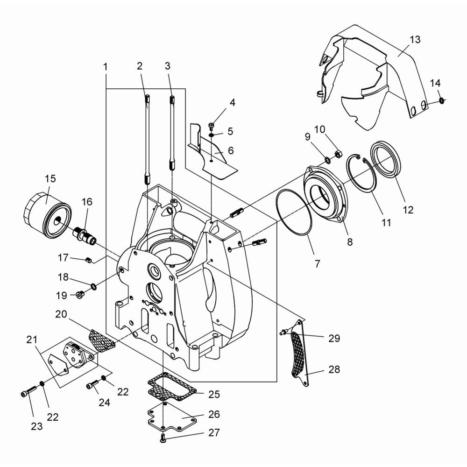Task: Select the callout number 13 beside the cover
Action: point(415,39)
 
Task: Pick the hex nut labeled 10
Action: point(338,154)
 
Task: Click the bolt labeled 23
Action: point(28,391)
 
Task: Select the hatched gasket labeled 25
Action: point(172,386)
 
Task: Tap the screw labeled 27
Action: point(163,438)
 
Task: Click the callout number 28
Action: point(334,369)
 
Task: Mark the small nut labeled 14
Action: point(442,101)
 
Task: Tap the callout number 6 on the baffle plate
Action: point(231,150)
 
